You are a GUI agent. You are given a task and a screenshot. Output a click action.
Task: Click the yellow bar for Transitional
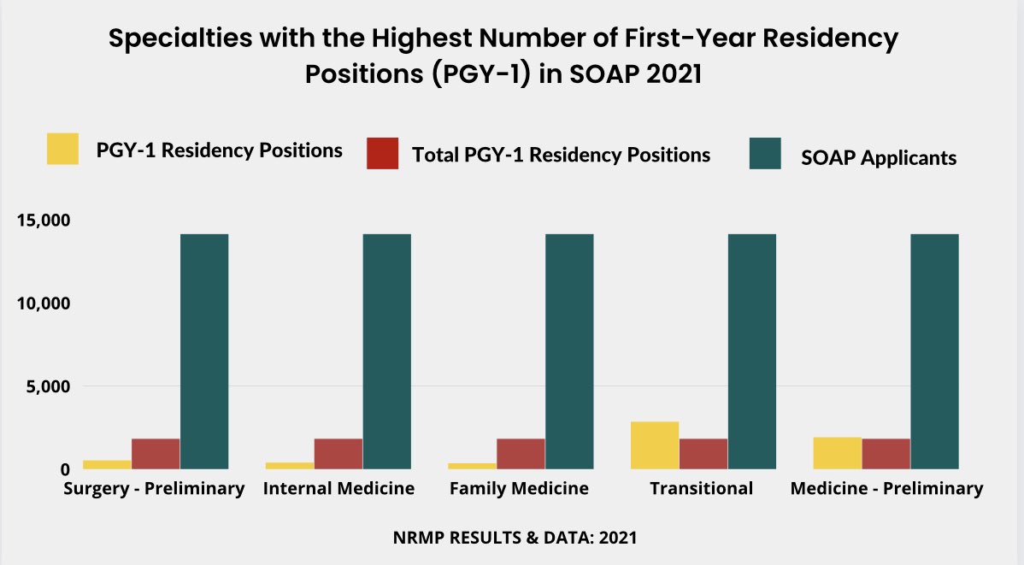[x=655, y=444]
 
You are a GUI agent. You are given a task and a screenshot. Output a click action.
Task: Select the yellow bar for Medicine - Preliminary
[x=837, y=452]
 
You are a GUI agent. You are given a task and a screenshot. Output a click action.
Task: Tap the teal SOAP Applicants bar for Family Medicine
[x=569, y=350]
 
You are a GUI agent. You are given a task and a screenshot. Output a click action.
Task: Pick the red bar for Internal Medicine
[x=338, y=453]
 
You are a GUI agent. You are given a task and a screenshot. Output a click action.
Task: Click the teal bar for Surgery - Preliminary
[x=204, y=350]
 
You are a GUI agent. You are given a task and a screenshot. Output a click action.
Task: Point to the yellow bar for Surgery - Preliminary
[x=107, y=464]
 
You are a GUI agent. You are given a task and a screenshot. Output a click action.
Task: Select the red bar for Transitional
[x=703, y=453]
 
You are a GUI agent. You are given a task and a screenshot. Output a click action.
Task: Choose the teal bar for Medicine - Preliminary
[x=934, y=350]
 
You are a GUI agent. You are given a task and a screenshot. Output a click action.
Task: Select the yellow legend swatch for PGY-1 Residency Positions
[x=62, y=149]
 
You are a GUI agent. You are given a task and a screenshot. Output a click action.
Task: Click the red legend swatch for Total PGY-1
[x=381, y=153]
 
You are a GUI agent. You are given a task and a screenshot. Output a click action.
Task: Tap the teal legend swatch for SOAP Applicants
[x=764, y=153]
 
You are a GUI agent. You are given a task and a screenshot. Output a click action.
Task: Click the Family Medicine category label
[x=519, y=489]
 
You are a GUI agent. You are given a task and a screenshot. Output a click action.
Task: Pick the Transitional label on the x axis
[x=701, y=489]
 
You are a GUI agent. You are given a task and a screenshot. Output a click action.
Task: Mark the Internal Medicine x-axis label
[x=338, y=489]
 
